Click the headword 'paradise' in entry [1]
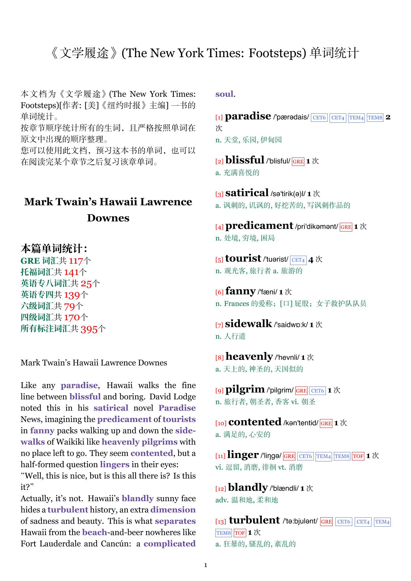click(248, 116)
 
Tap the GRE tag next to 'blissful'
click(298, 162)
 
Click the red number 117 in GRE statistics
click(76, 261)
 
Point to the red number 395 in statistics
click(89, 329)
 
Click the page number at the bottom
click(205, 565)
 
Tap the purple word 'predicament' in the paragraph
click(125, 419)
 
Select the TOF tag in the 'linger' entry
click(358, 456)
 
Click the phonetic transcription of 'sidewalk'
click(291, 325)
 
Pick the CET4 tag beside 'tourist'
click(298, 260)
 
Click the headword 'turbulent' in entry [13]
click(254, 520)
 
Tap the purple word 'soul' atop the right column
click(224, 94)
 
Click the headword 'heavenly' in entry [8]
click(249, 356)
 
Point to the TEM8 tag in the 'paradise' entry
click(375, 118)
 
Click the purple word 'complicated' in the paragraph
click(169, 544)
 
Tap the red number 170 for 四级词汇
click(72, 318)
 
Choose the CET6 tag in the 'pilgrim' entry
click(317, 391)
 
